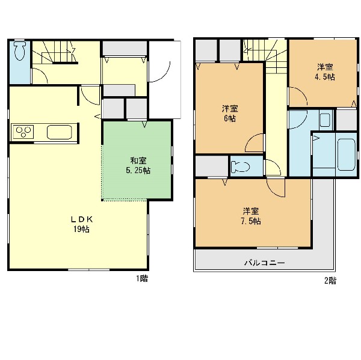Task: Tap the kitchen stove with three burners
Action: [23, 132]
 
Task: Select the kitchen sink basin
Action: [60, 132]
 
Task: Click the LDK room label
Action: [82, 220]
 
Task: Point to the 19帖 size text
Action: [81, 230]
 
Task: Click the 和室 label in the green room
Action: [138, 160]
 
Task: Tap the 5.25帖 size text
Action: [138, 171]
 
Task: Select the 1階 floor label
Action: [141, 279]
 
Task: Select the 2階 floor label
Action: [330, 281]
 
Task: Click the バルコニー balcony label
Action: [265, 263]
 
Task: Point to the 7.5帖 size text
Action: [251, 221]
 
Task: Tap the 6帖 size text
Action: [230, 118]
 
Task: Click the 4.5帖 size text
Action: [325, 77]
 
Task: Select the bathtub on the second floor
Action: [347, 154]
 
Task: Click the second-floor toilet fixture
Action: [240, 166]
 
